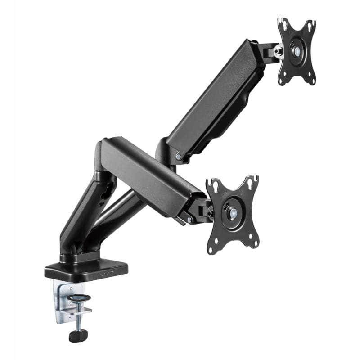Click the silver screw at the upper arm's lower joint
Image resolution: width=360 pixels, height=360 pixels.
pyautogui.click(x=179, y=157)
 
